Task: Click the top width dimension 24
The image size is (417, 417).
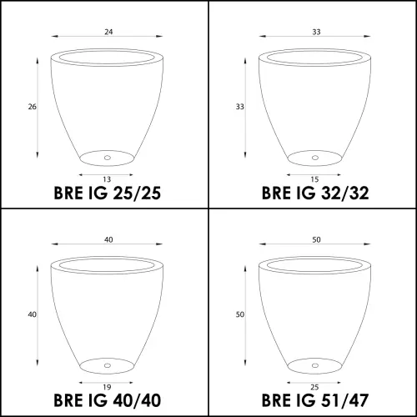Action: coord(108,32)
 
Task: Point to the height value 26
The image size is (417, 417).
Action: coord(32,107)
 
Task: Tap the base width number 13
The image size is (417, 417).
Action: coord(107,179)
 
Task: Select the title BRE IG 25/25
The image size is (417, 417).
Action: coord(107,193)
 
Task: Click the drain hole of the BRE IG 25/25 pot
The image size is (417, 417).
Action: coord(108,158)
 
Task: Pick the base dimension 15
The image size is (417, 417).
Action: coord(314,179)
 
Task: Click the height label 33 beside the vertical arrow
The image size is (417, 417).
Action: coord(240,107)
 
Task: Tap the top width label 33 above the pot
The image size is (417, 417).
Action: coord(316,32)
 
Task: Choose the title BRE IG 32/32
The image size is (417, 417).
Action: coord(315,193)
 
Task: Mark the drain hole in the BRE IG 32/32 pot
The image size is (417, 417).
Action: coord(315,158)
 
